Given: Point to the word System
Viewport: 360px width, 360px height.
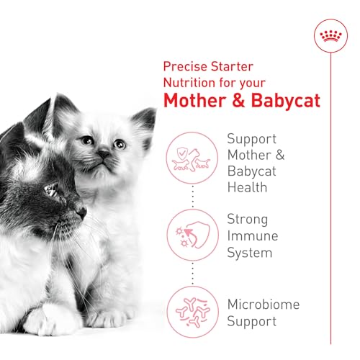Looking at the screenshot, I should click(250, 253).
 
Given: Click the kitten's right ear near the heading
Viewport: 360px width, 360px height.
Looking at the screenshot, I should click(145, 118).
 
